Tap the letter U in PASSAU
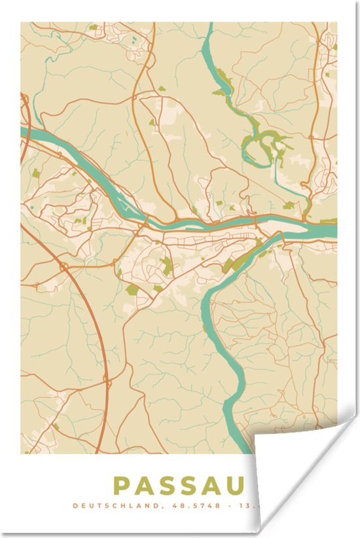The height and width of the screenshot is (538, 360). pos(235,486)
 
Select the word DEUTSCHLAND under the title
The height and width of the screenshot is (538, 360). pos(106,506)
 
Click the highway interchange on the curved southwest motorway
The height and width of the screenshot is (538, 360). pos(63,266)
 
